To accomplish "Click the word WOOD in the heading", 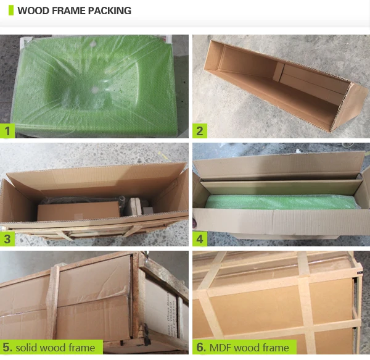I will coord(32,11).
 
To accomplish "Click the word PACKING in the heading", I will coord(109,11).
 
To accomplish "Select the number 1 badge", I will coord(7,130).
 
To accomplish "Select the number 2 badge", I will coord(200,130).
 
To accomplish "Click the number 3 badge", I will coord(7,240).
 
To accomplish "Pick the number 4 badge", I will coord(200,240).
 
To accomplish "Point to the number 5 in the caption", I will coord(8,348).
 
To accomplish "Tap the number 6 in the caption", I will coord(200,348).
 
